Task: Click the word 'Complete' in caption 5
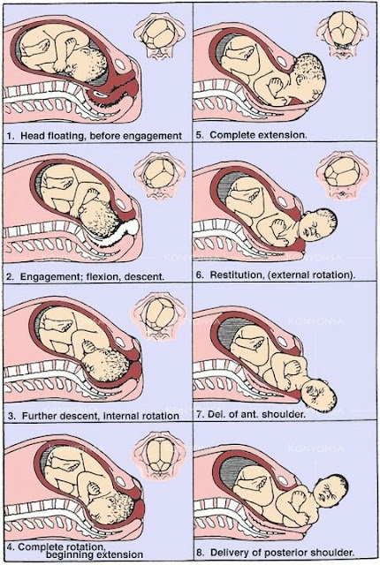[x=229, y=135]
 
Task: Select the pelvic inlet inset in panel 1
[x=159, y=39]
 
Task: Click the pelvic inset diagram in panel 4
[x=159, y=456]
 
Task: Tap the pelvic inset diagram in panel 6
[x=342, y=176]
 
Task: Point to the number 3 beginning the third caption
[x=11, y=416]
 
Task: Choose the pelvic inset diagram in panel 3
[x=159, y=314]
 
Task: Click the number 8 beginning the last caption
[x=200, y=553]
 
